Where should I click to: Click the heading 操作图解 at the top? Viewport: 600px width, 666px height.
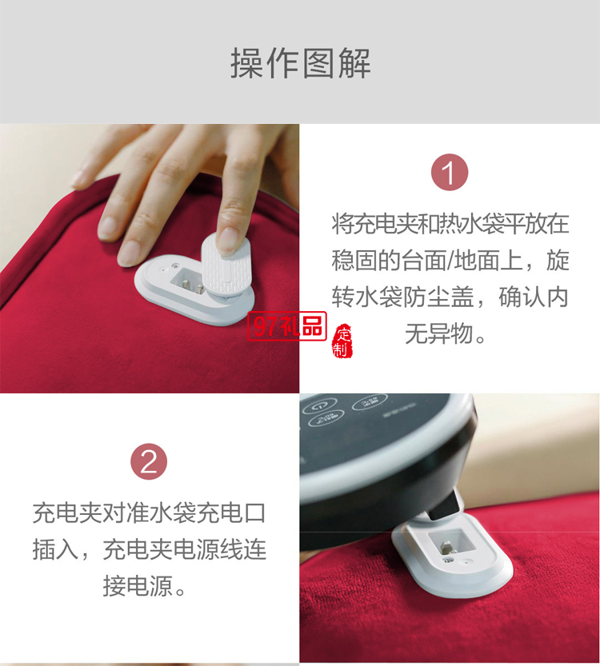click(x=300, y=63)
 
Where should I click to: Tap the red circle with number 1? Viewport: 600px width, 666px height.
click(x=449, y=173)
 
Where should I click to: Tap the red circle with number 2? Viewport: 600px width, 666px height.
click(x=149, y=462)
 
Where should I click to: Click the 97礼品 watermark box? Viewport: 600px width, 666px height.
click(x=286, y=325)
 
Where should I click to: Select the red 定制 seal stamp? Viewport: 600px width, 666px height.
click(x=343, y=341)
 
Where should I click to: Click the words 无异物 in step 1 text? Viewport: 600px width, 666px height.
click(x=439, y=333)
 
